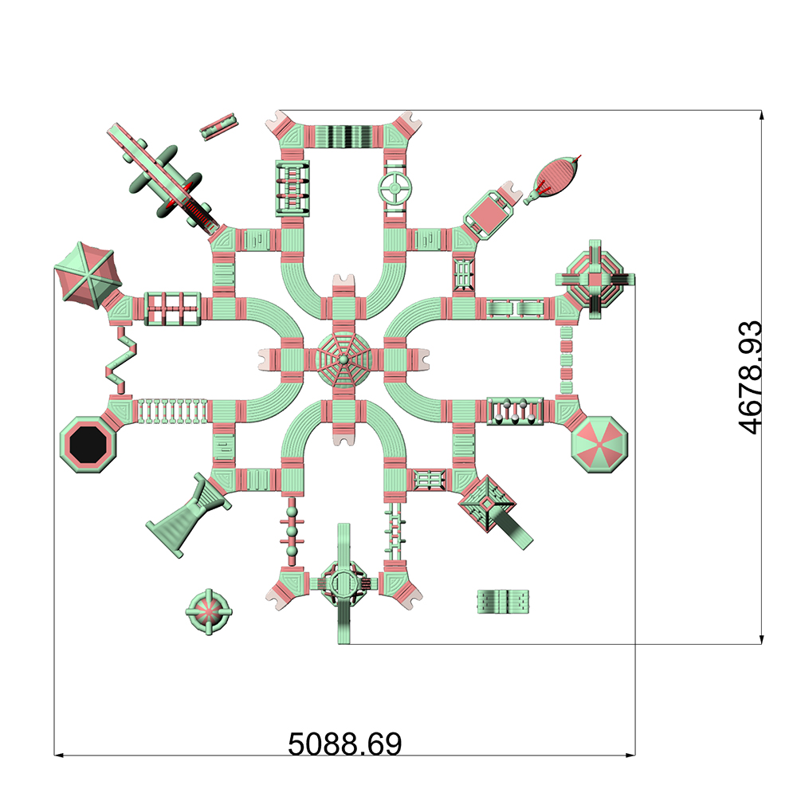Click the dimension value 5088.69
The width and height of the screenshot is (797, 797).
coord(344,744)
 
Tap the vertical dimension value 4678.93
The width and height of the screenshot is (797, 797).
coord(751,377)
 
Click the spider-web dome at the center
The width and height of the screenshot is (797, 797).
coord(344,359)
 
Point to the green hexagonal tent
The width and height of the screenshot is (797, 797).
coord(86,273)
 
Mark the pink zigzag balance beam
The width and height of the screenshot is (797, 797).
coord(121,358)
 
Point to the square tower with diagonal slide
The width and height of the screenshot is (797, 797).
coord(490,505)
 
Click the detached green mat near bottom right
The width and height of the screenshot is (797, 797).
coord(504,601)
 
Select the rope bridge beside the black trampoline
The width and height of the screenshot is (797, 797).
coord(172,410)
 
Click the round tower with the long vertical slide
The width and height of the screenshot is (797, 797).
coord(344,586)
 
